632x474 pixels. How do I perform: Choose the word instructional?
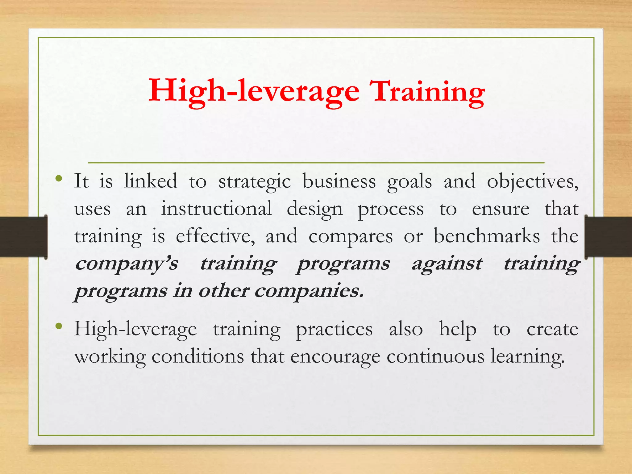[x=217, y=209]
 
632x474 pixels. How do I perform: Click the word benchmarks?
[x=487, y=236]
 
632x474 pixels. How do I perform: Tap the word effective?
[x=215, y=236]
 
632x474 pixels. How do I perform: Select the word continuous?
[x=435, y=357]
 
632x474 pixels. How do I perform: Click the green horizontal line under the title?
[x=316, y=162]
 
